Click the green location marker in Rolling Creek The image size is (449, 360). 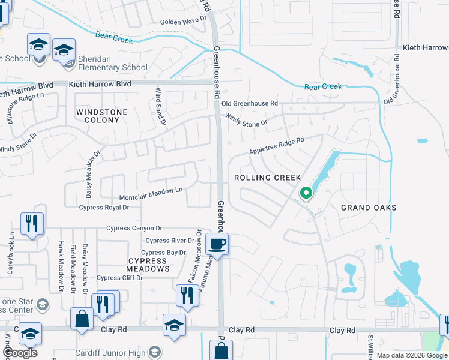tap(306, 193)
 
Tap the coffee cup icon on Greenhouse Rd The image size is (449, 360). tap(217, 244)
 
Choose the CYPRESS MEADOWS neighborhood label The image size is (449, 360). tap(148, 265)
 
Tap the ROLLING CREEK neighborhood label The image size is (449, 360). tap(267, 178)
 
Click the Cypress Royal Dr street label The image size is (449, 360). tap(104, 208)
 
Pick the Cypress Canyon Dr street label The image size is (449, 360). tap(134, 228)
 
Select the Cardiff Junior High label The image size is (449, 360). tap(110, 353)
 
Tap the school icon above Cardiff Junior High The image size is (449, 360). tap(174, 325)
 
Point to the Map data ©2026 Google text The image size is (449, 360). tap(412, 355)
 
